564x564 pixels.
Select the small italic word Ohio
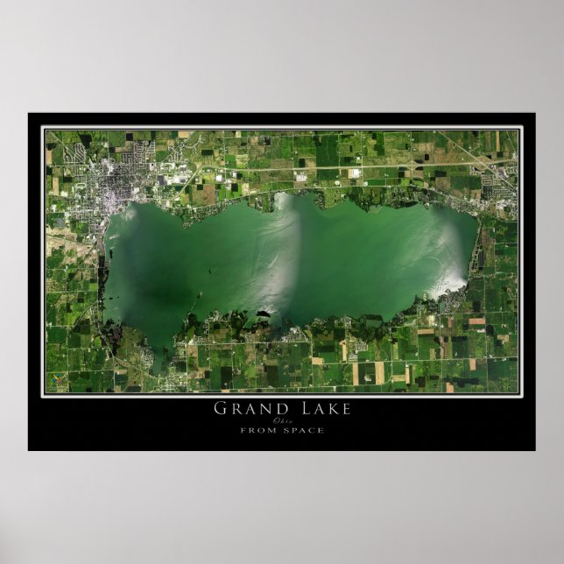282,420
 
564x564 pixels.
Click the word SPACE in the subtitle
302,430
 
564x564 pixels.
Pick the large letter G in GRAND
220,408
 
